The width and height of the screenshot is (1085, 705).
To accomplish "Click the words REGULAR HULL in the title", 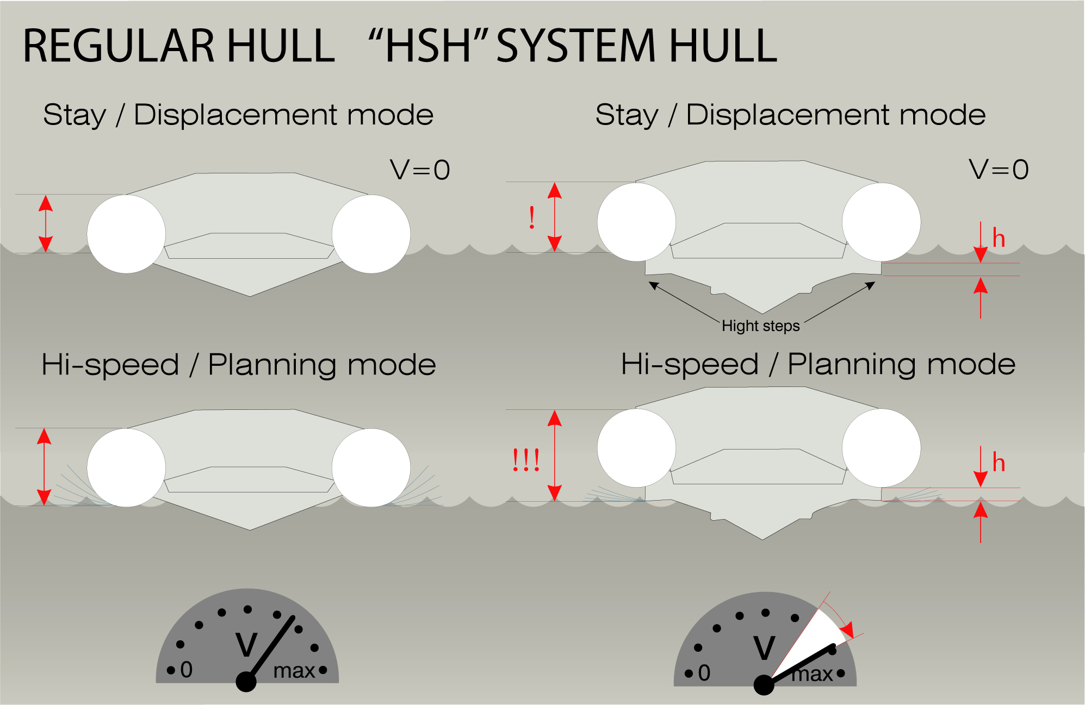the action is tap(179, 46).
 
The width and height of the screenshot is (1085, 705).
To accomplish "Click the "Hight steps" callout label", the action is tap(760, 326).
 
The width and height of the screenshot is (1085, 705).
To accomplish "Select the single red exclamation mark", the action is tap(532, 218).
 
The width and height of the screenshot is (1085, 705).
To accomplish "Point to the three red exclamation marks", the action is tap(526, 460).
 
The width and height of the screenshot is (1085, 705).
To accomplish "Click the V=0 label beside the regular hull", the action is tap(420, 170).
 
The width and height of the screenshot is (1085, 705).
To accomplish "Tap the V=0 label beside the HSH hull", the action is tap(999, 170).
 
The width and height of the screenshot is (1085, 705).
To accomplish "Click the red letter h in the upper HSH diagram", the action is tap(999, 238).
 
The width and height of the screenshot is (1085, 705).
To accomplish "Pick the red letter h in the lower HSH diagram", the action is tap(999, 463).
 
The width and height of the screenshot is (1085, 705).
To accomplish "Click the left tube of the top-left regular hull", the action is tap(126, 234).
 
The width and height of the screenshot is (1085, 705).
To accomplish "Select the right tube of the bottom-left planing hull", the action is tap(371, 467).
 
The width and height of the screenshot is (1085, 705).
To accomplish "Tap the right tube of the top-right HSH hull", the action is tap(881, 222).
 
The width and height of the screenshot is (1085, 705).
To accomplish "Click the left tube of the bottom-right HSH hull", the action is tap(636, 448).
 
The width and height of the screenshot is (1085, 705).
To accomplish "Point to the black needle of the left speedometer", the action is tap(270, 650).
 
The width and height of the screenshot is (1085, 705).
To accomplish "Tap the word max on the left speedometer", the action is tap(294, 671).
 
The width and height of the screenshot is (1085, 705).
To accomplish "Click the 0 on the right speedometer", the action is tap(704, 673).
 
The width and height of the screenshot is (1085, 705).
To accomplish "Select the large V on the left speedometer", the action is tap(246, 645).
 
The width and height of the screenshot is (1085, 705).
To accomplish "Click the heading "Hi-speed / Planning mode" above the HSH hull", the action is tap(819, 365).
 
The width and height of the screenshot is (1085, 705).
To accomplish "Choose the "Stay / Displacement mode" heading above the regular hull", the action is tap(238, 115).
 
